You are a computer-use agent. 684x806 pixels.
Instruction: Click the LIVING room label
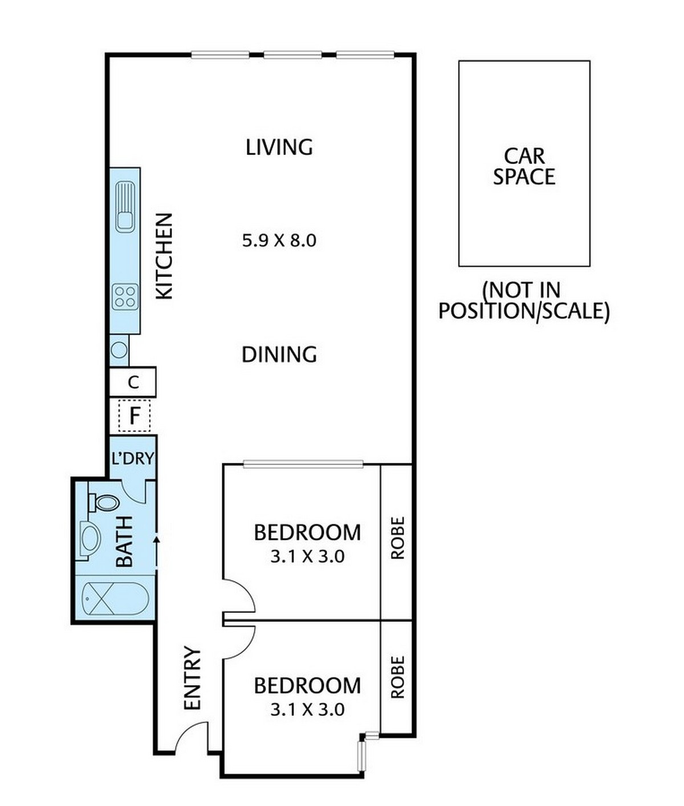point(279,147)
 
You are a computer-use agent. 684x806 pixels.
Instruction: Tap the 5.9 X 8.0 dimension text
point(279,241)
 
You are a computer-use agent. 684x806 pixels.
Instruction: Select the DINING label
point(279,355)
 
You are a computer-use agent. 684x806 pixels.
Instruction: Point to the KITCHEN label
point(164,256)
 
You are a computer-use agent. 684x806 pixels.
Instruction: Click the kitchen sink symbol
point(125,206)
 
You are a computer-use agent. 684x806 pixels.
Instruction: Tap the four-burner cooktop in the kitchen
point(125,297)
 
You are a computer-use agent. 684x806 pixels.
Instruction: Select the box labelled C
point(133,382)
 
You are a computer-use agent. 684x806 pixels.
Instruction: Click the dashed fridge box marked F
point(134,416)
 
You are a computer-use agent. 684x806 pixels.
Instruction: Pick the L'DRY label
point(132,458)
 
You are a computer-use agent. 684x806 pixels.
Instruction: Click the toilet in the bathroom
point(102,502)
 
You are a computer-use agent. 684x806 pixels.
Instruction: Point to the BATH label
point(124,542)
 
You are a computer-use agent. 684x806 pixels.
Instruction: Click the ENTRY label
point(193,678)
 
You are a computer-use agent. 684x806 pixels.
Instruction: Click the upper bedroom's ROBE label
point(397,538)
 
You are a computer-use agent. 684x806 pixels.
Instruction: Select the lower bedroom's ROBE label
point(397,677)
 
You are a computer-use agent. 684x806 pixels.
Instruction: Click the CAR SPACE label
point(524,166)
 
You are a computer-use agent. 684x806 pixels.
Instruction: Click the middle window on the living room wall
point(292,55)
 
